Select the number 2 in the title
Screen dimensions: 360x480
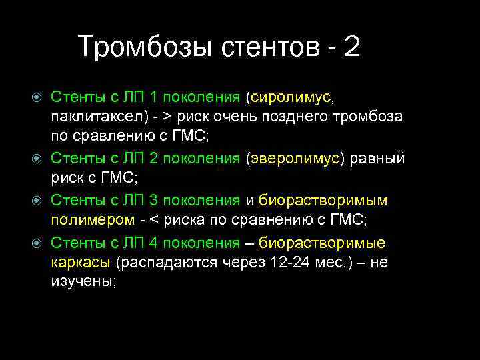[x=351, y=47]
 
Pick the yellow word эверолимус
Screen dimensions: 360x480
[x=294, y=159]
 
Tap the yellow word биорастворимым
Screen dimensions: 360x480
[x=323, y=201]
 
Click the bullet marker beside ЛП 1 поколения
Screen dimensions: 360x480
[x=38, y=98]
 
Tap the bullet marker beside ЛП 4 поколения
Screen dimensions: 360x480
[x=38, y=242]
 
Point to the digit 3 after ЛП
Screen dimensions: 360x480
[x=154, y=201]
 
